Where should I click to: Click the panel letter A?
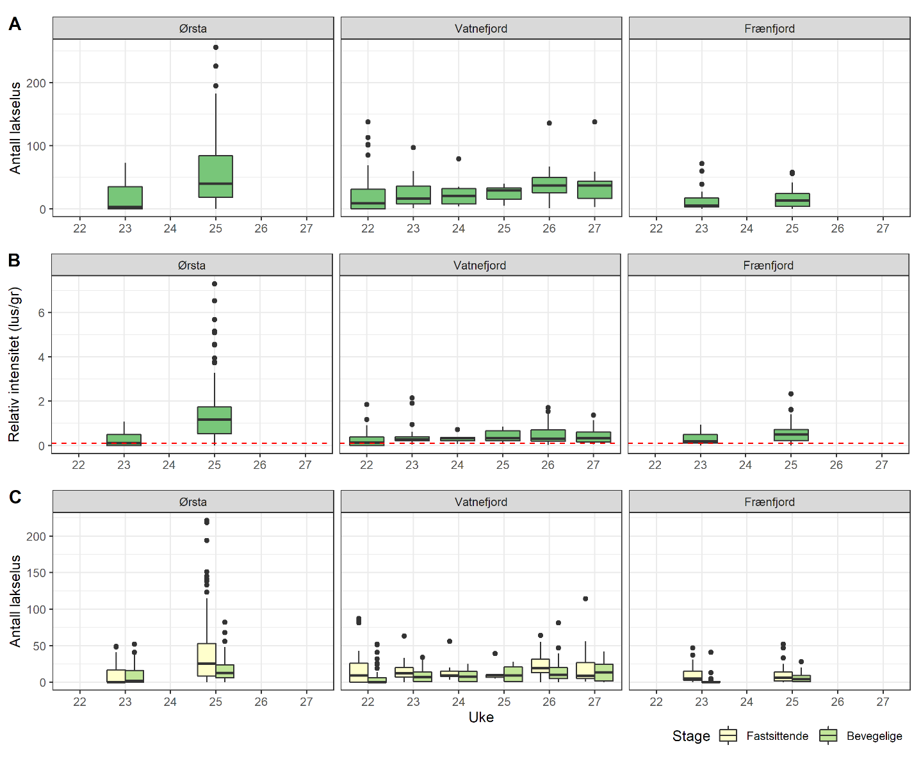pos(14,24)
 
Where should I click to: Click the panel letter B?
pos(14,261)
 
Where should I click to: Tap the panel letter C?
pos(15,497)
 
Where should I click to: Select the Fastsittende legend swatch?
pos(728,735)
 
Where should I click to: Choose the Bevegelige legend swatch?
pos(828,735)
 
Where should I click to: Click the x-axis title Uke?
pos(481,717)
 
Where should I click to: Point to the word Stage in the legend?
pos(691,736)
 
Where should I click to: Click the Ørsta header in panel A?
pos(193,29)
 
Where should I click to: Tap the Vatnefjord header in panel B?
pos(480,265)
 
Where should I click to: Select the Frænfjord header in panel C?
pos(769,502)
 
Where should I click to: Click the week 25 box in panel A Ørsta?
pos(215,176)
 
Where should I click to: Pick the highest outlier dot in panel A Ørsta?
pos(216,47)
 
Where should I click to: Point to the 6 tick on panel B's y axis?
pos(40,313)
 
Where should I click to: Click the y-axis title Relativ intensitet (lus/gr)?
pos(14,364)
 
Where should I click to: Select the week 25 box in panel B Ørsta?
pos(215,420)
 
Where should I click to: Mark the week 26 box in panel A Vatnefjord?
pos(549,185)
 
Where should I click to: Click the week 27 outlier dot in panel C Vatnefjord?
pos(585,599)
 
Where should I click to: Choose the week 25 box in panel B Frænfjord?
pos(791,435)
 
